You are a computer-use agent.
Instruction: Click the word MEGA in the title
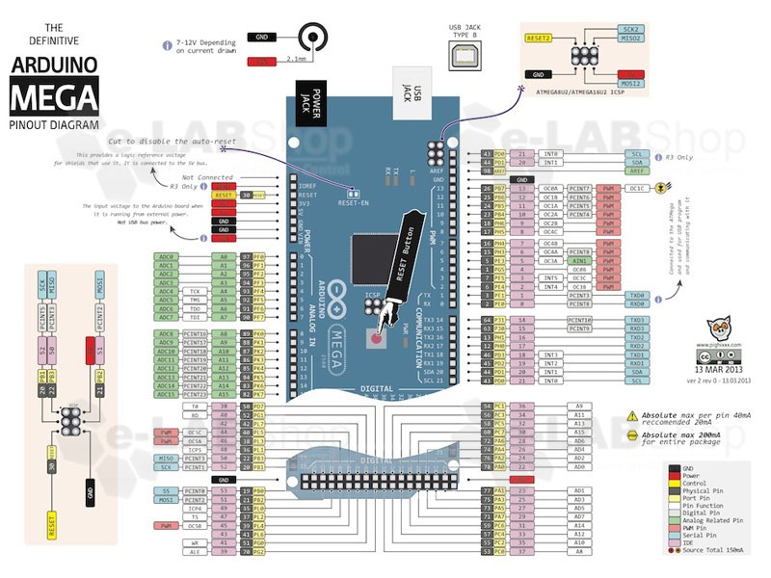[54, 97]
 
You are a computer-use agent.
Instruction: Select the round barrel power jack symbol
[312, 39]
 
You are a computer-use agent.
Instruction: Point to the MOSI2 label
[631, 83]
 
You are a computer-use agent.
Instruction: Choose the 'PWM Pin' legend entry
[707, 528]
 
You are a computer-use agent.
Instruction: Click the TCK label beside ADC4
[194, 290]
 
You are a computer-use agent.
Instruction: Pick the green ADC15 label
[167, 394]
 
